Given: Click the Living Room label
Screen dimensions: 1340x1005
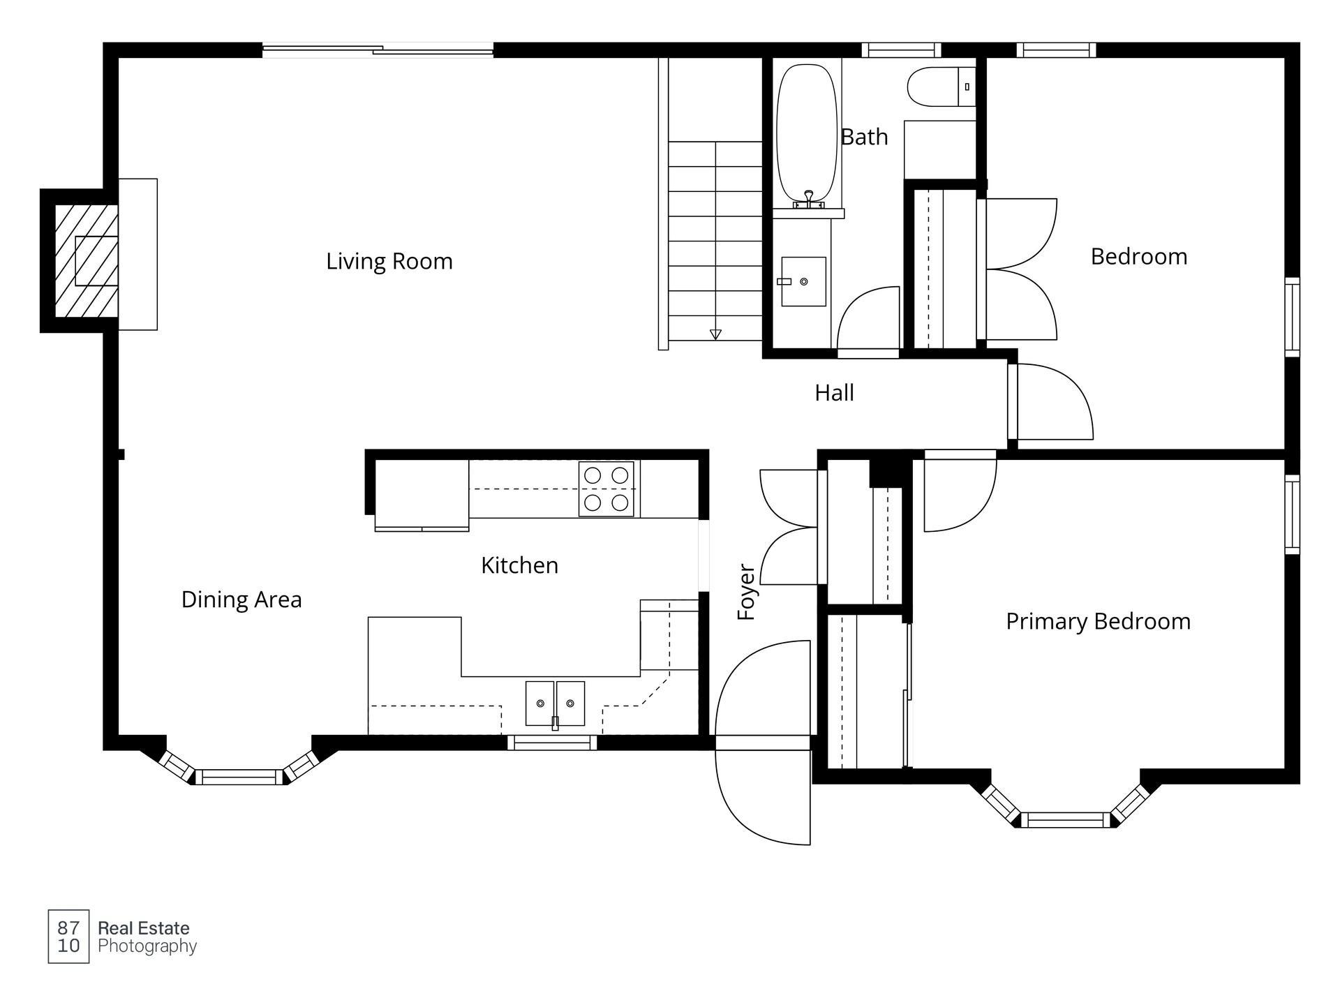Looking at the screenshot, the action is pyautogui.click(x=389, y=262).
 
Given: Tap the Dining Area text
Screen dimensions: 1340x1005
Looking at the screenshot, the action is pyautogui.click(x=241, y=600).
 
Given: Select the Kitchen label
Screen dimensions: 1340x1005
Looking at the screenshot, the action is pyautogui.click(x=520, y=565).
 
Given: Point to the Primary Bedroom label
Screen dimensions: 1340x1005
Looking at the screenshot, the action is pyautogui.click(x=1098, y=622).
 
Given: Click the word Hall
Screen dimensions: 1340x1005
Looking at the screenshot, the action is pyautogui.click(x=834, y=393).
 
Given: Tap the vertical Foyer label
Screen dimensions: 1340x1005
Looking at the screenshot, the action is pyautogui.click(x=747, y=593).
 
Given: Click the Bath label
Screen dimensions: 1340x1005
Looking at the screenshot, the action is pyautogui.click(x=864, y=137).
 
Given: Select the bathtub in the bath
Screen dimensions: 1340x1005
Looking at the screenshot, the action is pyautogui.click(x=807, y=134).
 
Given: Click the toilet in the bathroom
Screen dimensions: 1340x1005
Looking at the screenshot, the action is pyautogui.click(x=941, y=87).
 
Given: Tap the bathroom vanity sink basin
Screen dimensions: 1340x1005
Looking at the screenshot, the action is pyautogui.click(x=803, y=281).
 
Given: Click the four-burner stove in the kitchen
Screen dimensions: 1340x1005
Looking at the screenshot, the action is pyautogui.click(x=606, y=489).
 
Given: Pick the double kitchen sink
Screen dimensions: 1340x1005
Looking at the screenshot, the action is pyautogui.click(x=556, y=703).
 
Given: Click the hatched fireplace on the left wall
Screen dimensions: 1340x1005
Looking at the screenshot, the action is pyautogui.click(x=87, y=260).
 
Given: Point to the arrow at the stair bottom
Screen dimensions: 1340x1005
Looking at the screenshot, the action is pyautogui.click(x=715, y=334).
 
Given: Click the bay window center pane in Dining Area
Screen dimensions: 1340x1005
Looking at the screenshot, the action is pyautogui.click(x=239, y=777).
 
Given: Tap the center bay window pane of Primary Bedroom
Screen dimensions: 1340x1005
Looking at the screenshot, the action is pyautogui.click(x=1065, y=819).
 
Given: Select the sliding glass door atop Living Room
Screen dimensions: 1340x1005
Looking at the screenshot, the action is pyautogui.click(x=378, y=50).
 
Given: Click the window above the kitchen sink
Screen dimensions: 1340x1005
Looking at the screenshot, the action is pyautogui.click(x=552, y=743).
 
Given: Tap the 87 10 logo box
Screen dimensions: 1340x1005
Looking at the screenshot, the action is pyautogui.click(x=68, y=937).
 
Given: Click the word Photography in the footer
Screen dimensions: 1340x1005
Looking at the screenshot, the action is pyautogui.click(x=147, y=947).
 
